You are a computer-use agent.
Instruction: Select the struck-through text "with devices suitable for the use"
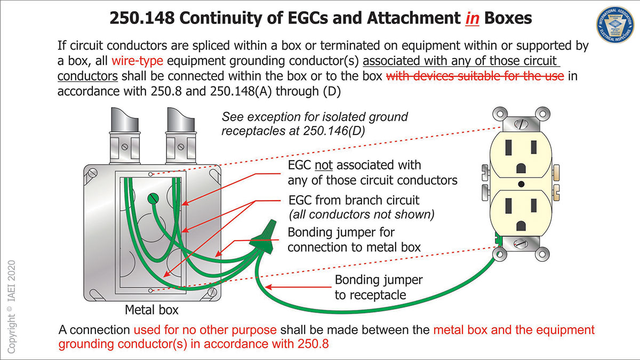coord(475,75)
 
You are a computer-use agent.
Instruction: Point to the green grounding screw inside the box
coord(153,199)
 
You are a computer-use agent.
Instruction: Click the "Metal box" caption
coord(151,309)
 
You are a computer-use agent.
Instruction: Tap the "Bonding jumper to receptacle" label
coord(378,287)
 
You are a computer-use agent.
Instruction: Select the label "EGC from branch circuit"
coord(354,201)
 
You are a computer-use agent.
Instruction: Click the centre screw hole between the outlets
coord(521,185)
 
